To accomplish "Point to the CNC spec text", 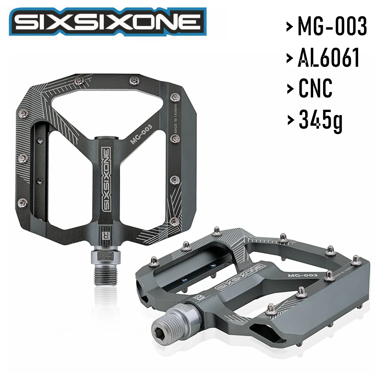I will (315, 88).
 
